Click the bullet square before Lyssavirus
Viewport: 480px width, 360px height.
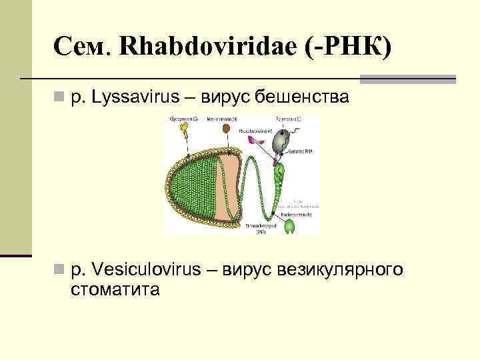(59, 98)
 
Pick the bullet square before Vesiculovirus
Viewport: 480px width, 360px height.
(59, 271)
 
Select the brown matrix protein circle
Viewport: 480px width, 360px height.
(227, 128)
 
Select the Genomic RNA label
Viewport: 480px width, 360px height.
(301, 152)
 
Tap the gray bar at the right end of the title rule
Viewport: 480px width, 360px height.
(407, 79)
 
